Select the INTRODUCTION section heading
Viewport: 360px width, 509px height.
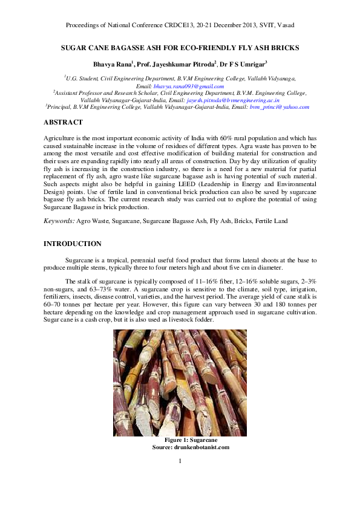tap(73, 244)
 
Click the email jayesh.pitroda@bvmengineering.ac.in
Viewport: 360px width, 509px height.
tap(233, 100)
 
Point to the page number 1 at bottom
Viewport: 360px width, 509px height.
tap(180, 462)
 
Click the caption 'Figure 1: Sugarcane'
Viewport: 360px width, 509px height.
tap(180, 440)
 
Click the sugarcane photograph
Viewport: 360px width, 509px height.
tap(180, 383)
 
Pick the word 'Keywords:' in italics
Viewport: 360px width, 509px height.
tap(59, 221)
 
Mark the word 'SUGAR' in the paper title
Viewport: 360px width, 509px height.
tap(73, 47)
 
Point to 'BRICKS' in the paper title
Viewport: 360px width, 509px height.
tap(286, 47)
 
